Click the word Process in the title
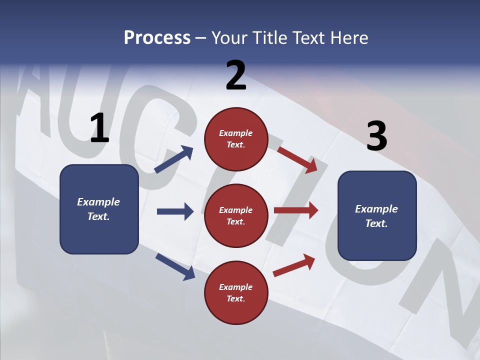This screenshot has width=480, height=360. tap(157, 38)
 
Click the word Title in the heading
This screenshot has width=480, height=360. tap(268, 38)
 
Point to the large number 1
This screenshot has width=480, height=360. tap(99, 128)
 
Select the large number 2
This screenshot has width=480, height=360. tap(236, 75)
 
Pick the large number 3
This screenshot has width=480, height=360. tap(376, 136)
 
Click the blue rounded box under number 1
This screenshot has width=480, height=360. tap(99, 209)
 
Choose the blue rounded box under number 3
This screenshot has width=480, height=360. tap(377, 215)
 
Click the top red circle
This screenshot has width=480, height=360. tap(236, 139)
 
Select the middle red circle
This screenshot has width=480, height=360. tap(236, 215)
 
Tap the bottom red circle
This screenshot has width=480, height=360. tap(236, 292)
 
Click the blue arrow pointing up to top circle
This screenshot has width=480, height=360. tap(174, 159)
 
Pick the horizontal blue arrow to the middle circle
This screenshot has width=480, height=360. tap(175, 211)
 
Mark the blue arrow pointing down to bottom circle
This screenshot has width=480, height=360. tap(175, 266)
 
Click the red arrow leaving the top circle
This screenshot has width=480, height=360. tap(297, 159)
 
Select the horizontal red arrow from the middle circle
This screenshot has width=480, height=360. tap(296, 210)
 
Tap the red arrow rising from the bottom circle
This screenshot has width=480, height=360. tap(294, 265)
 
